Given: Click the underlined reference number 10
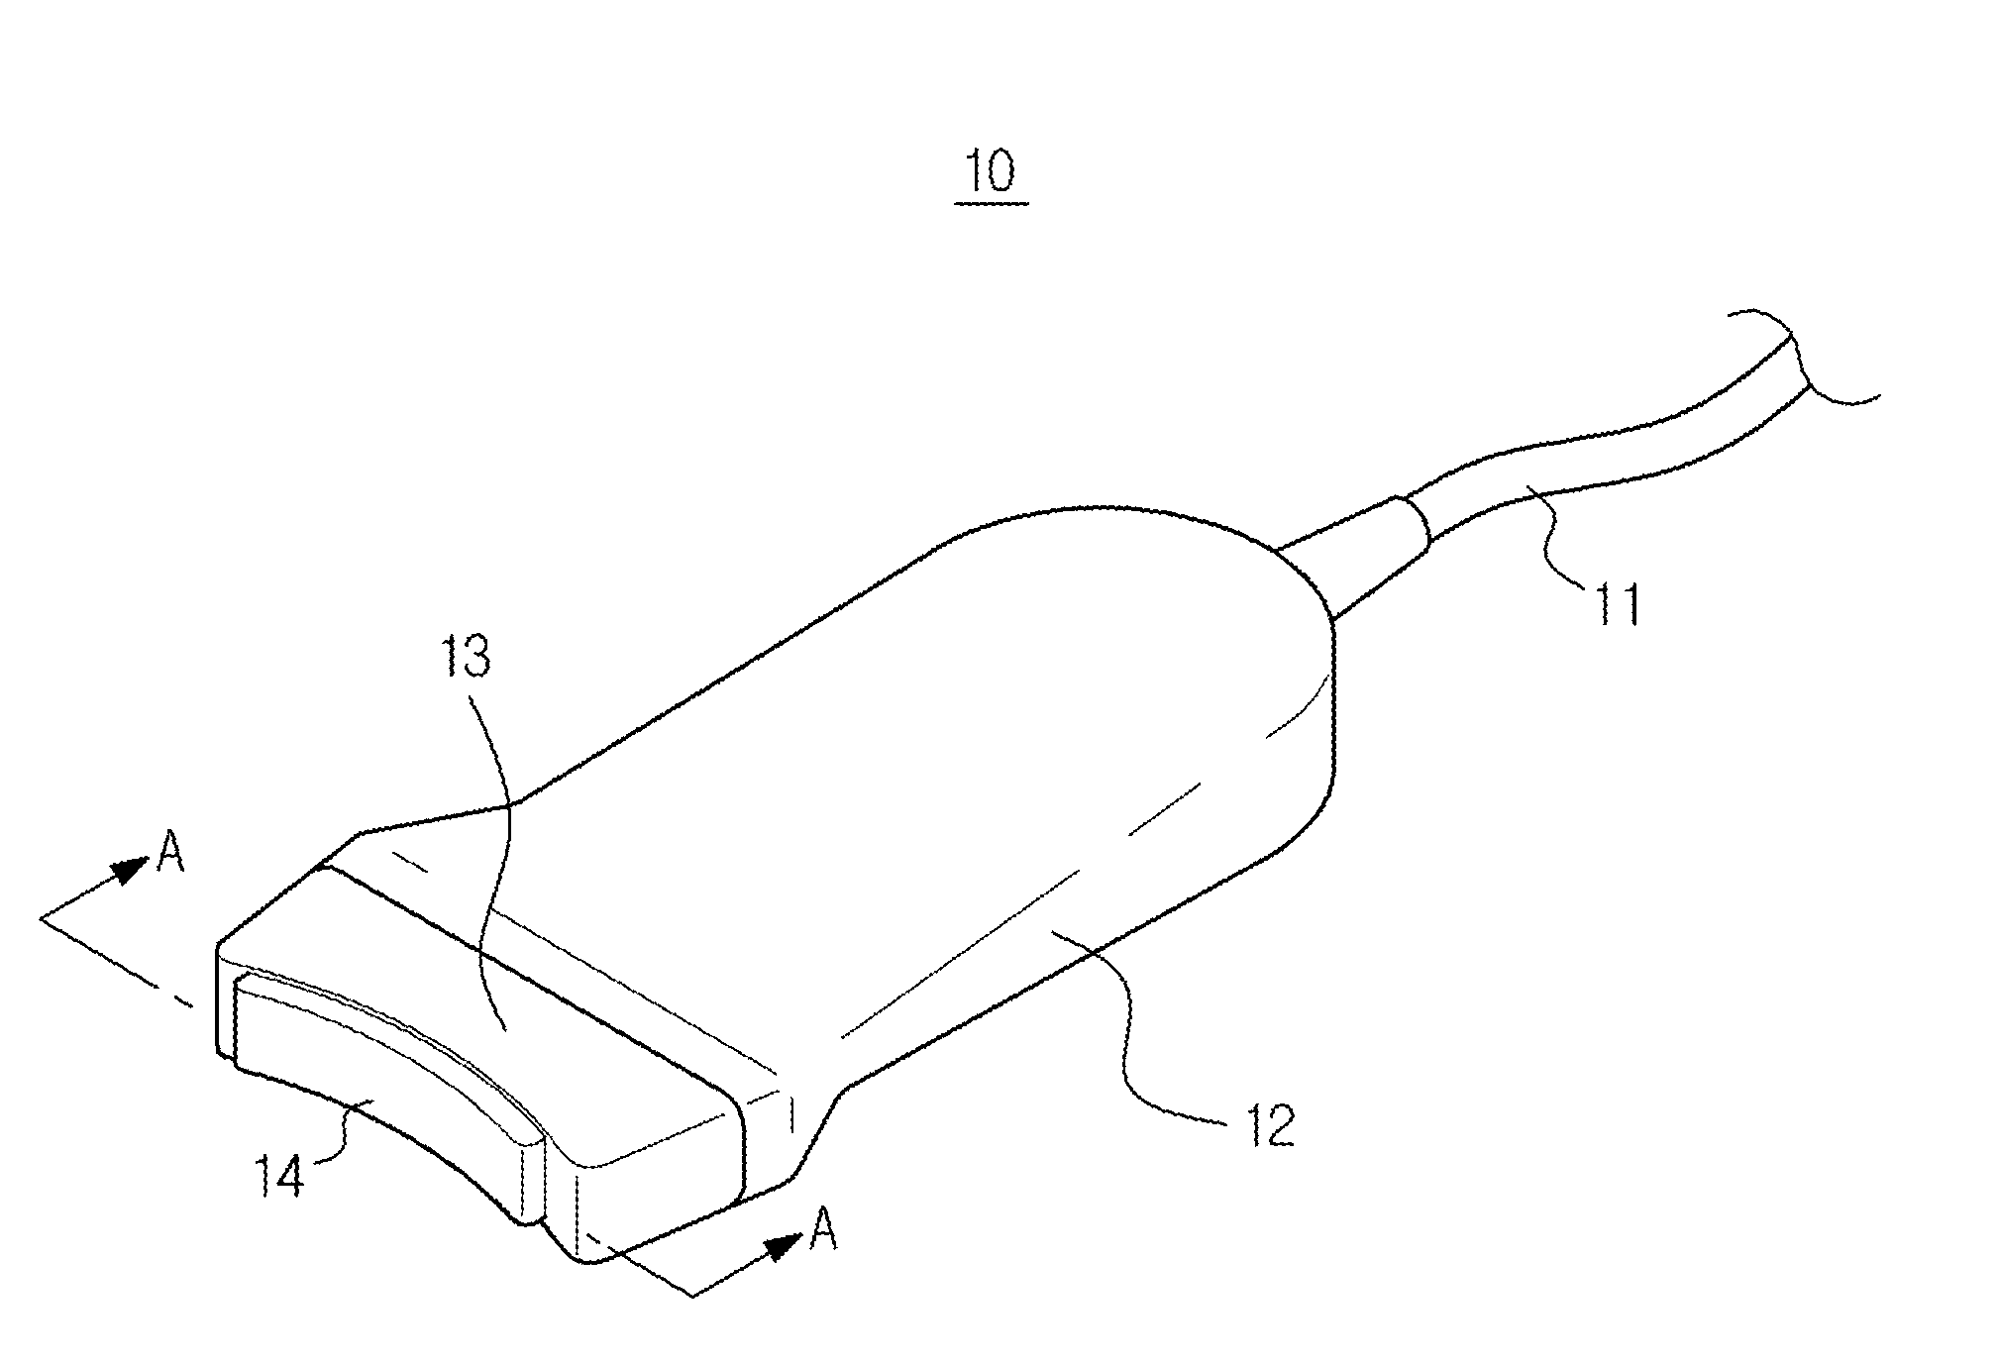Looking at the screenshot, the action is [x=992, y=172].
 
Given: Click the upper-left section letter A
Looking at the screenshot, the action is [x=170, y=854].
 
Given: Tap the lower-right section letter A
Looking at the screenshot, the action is [x=821, y=1231].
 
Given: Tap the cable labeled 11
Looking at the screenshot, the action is [x=1585, y=446].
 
